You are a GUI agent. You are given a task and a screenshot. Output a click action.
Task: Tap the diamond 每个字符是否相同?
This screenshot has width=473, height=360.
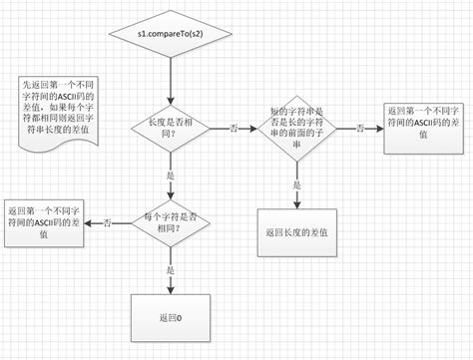(x=168, y=221)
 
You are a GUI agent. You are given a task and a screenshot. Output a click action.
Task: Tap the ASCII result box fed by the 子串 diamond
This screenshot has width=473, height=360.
(x=424, y=126)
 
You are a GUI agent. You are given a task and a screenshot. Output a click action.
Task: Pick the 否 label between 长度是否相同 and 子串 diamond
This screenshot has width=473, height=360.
(x=234, y=130)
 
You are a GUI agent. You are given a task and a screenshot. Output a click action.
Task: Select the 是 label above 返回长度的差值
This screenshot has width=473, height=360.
(x=296, y=184)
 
